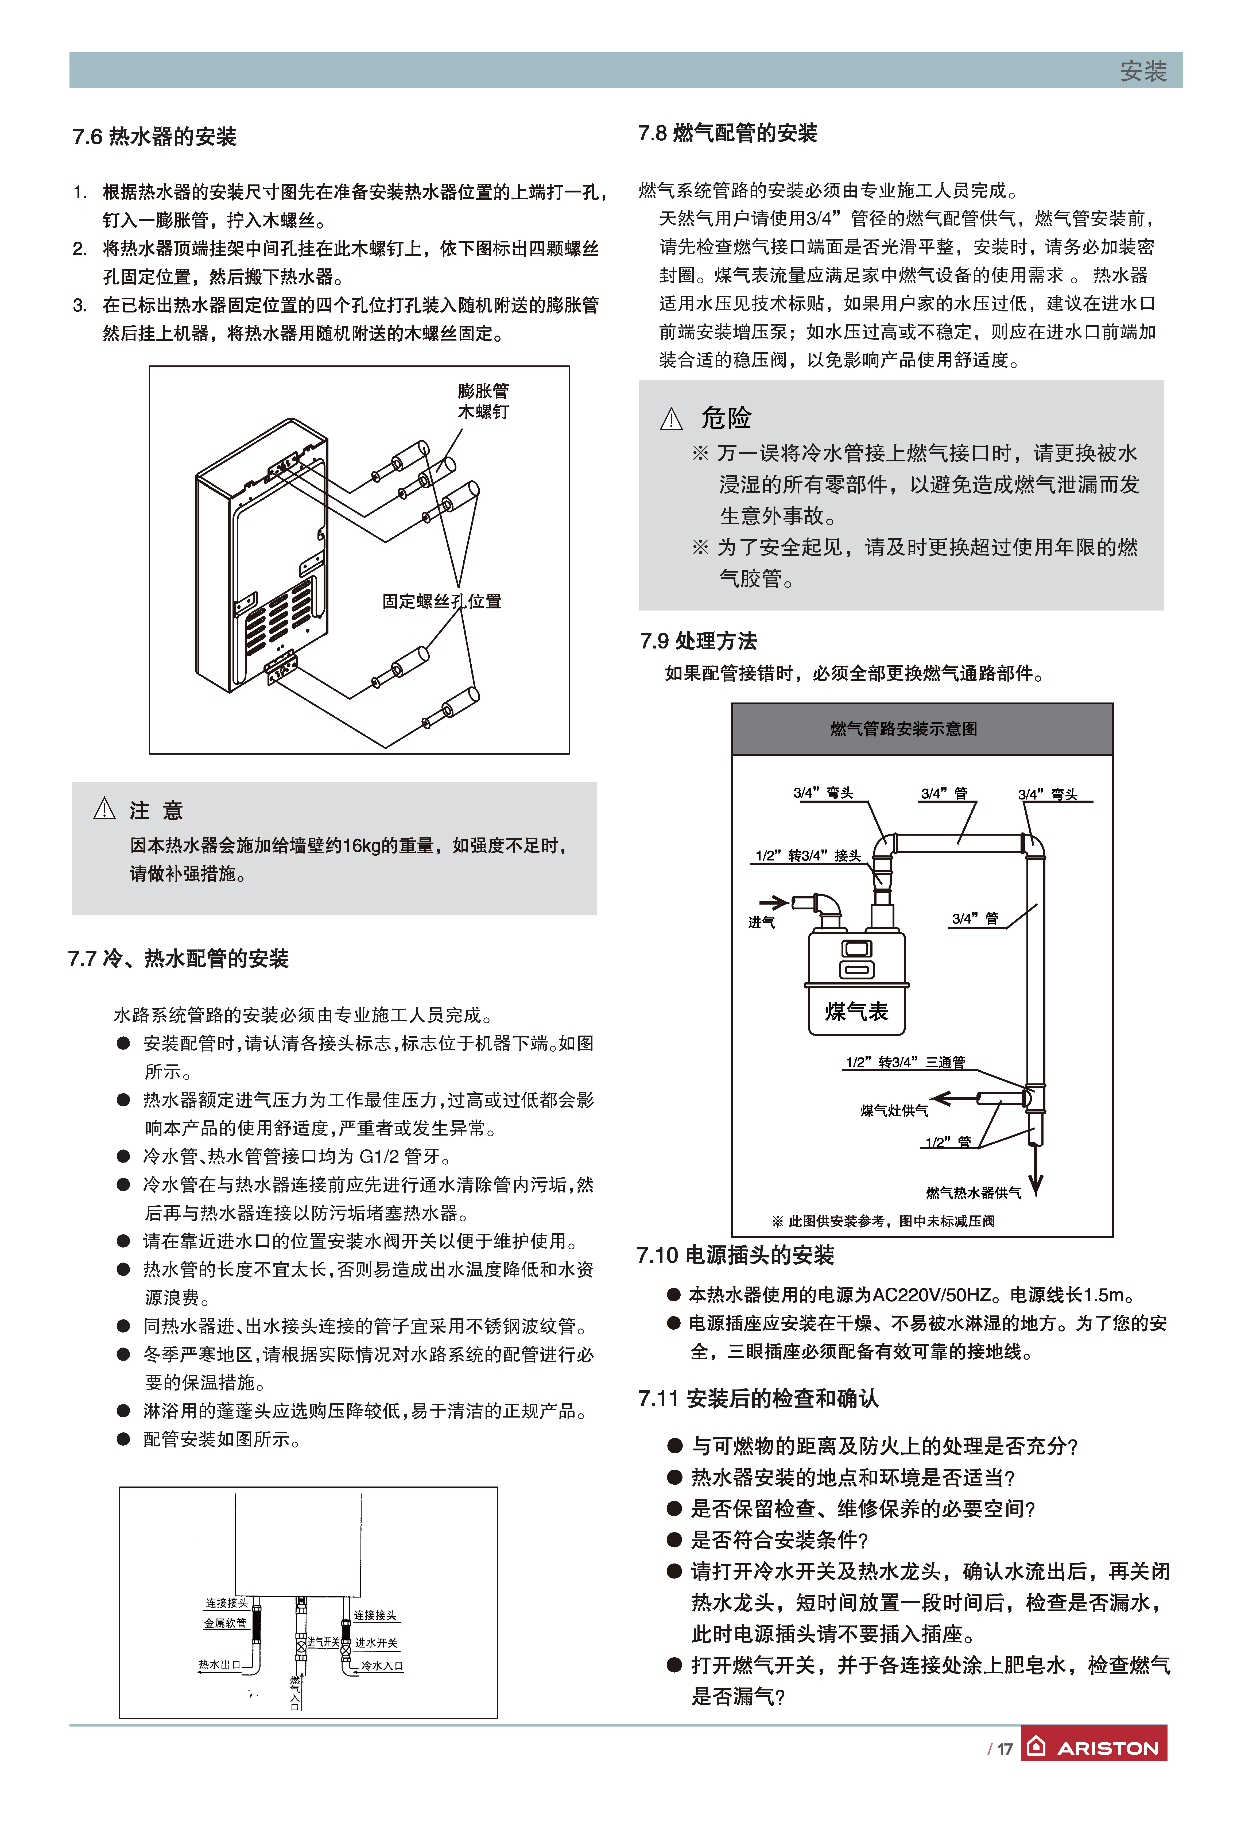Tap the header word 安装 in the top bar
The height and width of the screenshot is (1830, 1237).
pos(1142,71)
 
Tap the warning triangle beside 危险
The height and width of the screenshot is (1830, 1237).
pos(671,419)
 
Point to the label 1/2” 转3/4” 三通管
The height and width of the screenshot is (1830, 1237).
pos(905,1062)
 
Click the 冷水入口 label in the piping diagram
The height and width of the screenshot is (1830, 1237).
pos(382,1666)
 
